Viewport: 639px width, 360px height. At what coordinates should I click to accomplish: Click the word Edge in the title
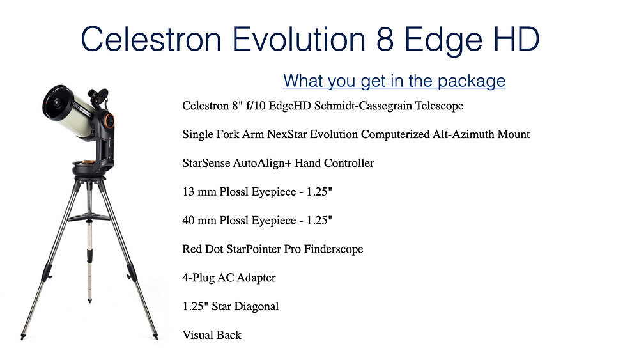point(443,40)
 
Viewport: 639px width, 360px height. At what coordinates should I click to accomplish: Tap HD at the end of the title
point(516,39)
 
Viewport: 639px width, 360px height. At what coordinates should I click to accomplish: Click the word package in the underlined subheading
point(472,81)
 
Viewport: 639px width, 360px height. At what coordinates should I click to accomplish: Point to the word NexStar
point(287,134)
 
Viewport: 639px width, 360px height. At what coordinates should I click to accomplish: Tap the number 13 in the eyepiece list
point(189,192)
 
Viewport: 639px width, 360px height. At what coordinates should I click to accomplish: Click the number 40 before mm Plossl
point(189,220)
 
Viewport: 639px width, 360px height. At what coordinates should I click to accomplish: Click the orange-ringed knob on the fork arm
point(109,120)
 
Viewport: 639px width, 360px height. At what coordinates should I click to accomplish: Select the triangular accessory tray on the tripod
point(89,217)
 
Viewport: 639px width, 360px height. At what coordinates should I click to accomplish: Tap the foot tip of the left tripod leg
point(22,337)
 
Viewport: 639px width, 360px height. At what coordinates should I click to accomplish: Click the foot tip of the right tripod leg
point(156,336)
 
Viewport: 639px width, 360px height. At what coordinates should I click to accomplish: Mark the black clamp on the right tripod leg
point(131,272)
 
